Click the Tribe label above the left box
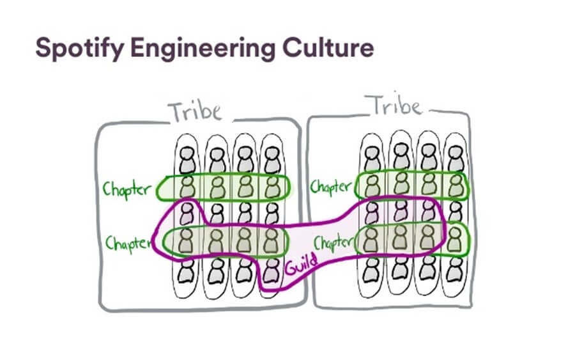click(x=195, y=111)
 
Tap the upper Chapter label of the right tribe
click(x=331, y=187)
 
